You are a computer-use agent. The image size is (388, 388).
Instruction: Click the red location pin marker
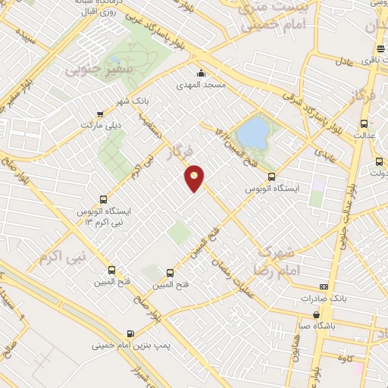click(x=196, y=177)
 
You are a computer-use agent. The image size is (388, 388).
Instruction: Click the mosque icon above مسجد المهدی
click(x=201, y=74)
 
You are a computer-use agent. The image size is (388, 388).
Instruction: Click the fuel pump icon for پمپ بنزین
click(x=131, y=333)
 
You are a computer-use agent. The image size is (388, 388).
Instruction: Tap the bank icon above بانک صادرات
click(x=324, y=286)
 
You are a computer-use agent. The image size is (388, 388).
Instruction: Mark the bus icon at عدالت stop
click(x=365, y=123)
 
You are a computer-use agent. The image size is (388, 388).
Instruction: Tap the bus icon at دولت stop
click(x=379, y=161)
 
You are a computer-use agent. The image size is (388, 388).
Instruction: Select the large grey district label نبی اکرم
click(x=64, y=255)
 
